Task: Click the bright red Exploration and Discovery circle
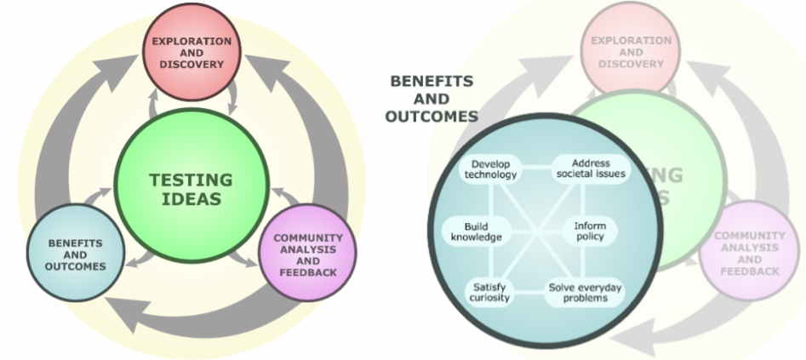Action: tap(191, 51)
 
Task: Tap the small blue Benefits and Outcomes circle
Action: tap(76, 253)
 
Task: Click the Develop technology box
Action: tap(490, 169)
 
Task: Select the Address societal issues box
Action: tap(591, 169)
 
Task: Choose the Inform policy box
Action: tap(589, 231)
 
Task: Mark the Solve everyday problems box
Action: tap(584, 293)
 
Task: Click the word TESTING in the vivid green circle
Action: tap(191, 180)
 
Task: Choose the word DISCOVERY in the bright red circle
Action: tap(191, 64)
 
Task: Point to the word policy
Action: tap(589, 237)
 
